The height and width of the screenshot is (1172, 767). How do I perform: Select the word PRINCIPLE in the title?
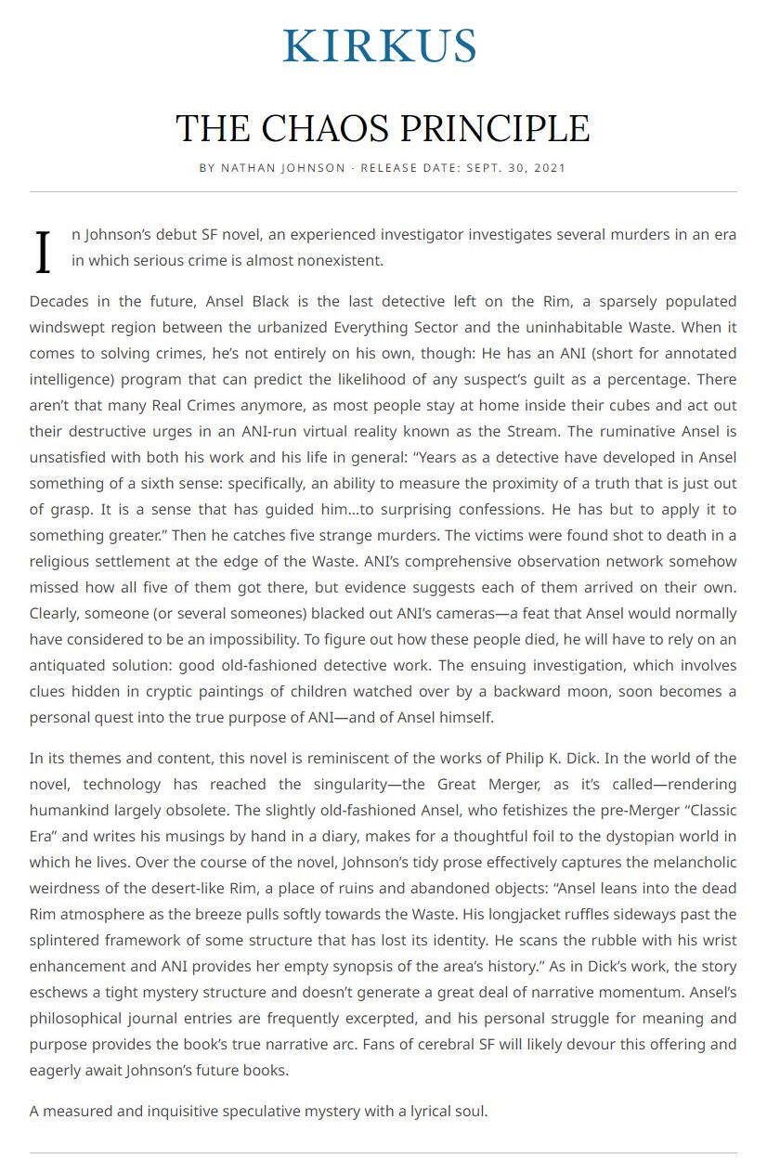pos(498,128)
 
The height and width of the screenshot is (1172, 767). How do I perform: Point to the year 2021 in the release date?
pos(547,168)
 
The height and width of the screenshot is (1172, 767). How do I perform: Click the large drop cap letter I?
pos(43,253)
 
